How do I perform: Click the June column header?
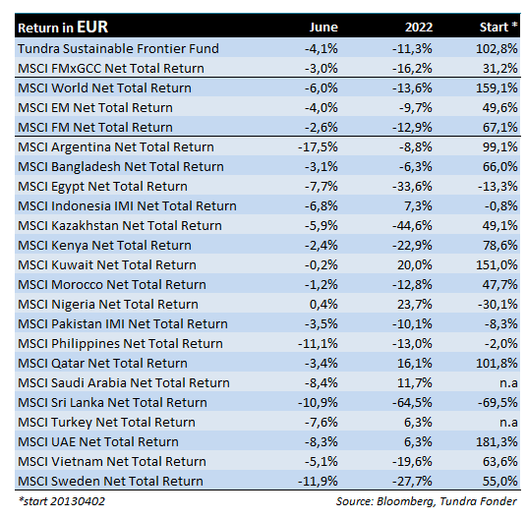tap(323, 28)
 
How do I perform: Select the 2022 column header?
tap(419, 28)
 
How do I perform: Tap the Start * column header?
tap(498, 27)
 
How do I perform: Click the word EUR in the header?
tap(92, 27)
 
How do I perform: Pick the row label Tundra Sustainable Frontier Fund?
tap(118, 49)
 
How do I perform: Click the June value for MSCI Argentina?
tap(318, 147)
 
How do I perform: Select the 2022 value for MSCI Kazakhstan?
tap(412, 226)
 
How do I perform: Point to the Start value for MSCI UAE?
tap(497, 442)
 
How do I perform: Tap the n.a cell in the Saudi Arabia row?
tap(508, 383)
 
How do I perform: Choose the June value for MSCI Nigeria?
tap(323, 305)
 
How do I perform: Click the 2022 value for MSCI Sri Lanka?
tap(412, 403)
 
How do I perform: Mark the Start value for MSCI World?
tap(497, 88)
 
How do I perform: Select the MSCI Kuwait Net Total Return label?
tap(107, 265)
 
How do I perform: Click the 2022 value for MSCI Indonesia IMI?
tap(418, 205)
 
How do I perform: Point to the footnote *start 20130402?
tap(62, 501)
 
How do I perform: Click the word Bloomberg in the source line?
tap(406, 501)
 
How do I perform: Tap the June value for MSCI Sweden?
tap(318, 482)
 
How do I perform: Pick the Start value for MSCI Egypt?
tap(498, 187)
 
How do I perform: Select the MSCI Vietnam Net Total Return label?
tap(112, 462)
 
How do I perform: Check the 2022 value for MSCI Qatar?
tap(415, 364)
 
